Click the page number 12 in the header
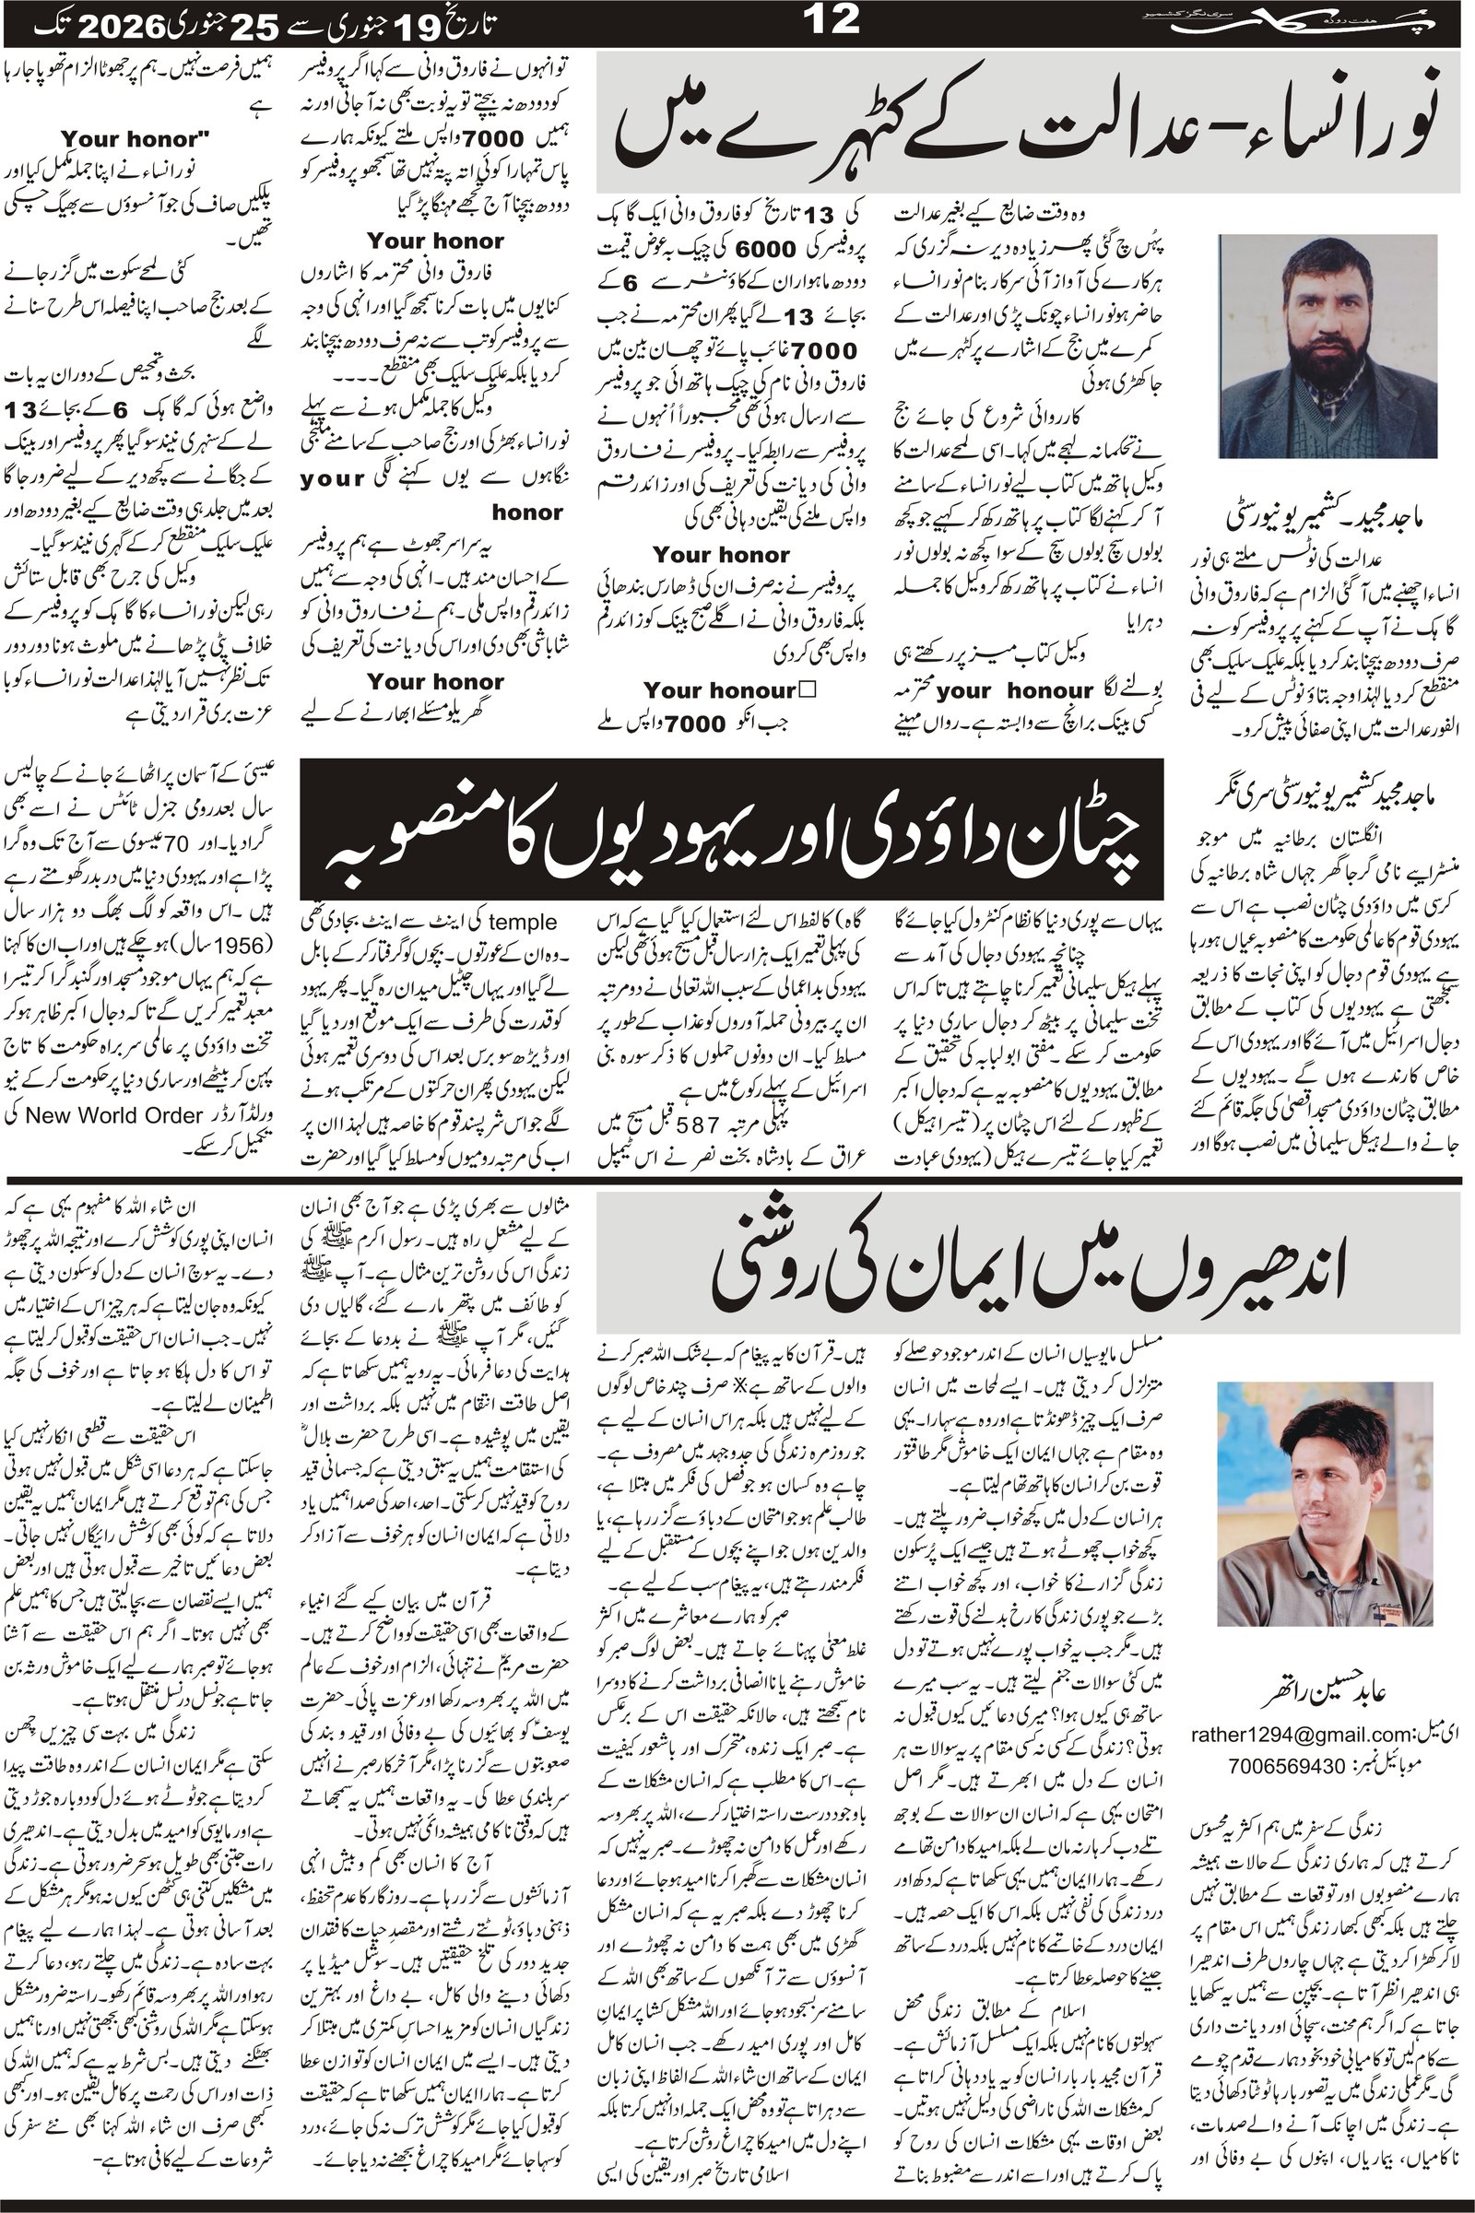pos(832,21)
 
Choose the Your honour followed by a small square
pos(730,690)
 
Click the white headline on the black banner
pos(731,830)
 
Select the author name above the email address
pos(1334,1689)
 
